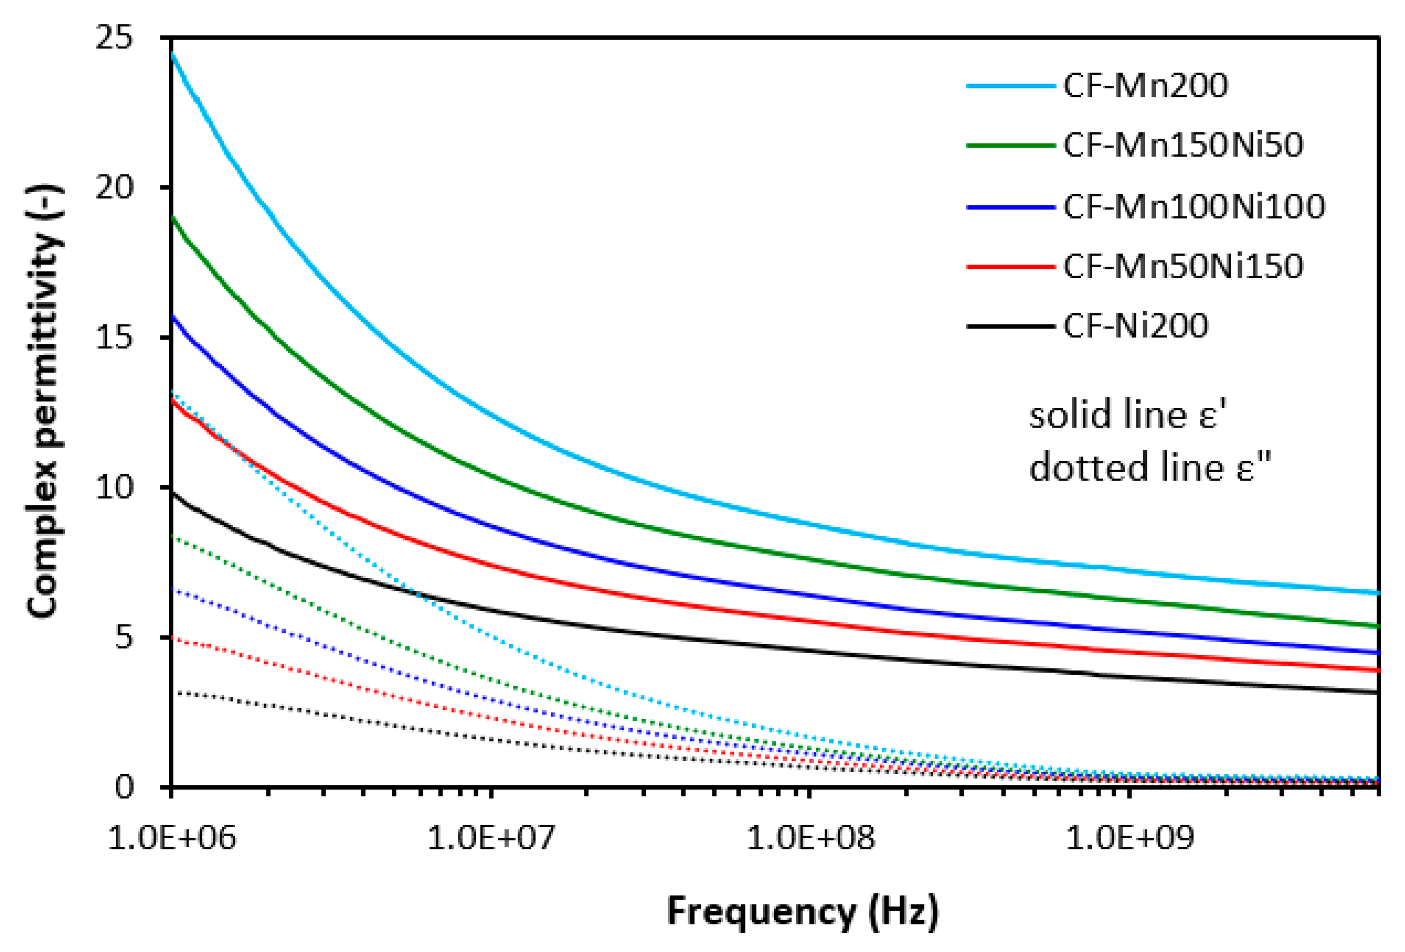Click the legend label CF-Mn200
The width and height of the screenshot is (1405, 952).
pyautogui.click(x=1145, y=86)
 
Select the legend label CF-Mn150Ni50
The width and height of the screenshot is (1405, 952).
pyautogui.click(x=1182, y=146)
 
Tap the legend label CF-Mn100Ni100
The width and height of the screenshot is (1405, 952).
pyautogui.click(x=1194, y=206)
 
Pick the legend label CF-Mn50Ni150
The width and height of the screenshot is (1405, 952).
pyautogui.click(x=1182, y=266)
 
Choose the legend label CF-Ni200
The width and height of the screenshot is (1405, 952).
pyautogui.click(x=1135, y=326)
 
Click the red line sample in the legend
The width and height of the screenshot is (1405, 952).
pyautogui.click(x=1010, y=266)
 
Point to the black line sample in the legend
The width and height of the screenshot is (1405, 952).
pyautogui.click(x=1010, y=326)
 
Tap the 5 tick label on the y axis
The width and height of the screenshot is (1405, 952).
pyautogui.click(x=123, y=637)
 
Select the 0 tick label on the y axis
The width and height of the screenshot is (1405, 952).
pyautogui.click(x=123, y=786)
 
